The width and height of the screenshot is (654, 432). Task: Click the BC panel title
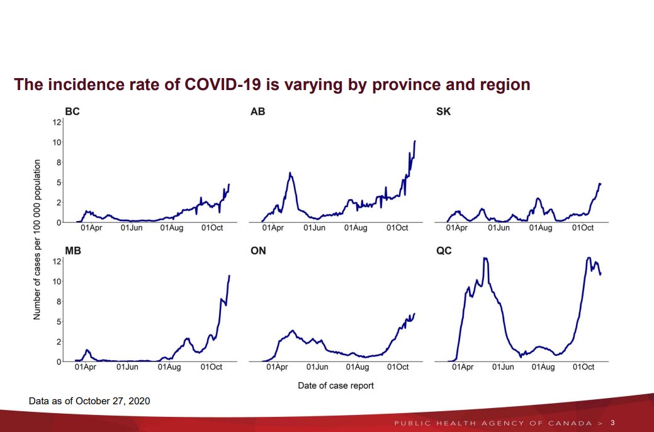coord(72,112)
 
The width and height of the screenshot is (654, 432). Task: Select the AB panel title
coord(257,112)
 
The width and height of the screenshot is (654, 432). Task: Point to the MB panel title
coord(73,251)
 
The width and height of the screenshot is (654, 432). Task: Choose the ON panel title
coord(258,251)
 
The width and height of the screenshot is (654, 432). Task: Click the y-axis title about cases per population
coord(37,239)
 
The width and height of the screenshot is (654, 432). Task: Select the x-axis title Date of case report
coord(335,385)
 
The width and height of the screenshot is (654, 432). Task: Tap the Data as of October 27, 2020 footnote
coord(89,401)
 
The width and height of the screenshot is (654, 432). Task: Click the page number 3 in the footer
coord(612,422)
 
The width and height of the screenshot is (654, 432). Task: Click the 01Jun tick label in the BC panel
coord(133,227)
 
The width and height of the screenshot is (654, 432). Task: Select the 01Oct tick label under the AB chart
coord(397,227)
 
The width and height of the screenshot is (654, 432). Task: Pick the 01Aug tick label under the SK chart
coord(541,227)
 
